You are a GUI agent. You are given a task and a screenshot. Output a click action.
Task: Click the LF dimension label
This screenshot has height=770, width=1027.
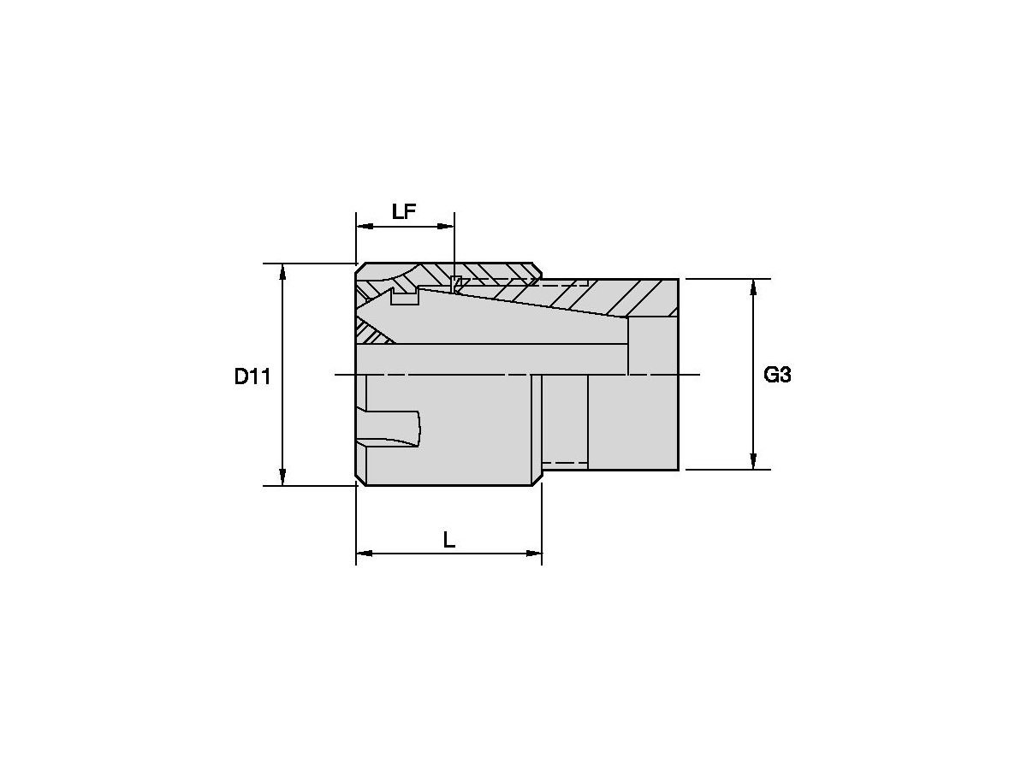point(403,212)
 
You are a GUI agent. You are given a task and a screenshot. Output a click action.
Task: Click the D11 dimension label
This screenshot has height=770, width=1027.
point(252,376)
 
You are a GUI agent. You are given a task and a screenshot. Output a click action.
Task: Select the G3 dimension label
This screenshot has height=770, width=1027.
point(777,375)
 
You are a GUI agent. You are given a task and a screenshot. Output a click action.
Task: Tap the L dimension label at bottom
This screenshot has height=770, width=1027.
point(448,541)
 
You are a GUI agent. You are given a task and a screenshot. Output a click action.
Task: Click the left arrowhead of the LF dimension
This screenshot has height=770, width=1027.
point(365,226)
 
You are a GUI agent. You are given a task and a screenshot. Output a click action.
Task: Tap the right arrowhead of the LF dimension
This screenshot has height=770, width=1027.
point(445,226)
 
